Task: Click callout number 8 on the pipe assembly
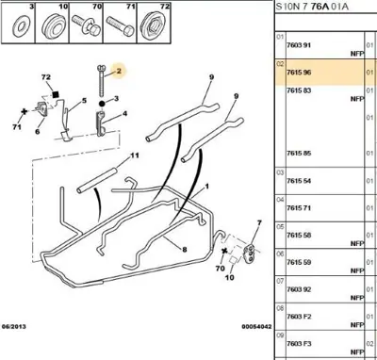(x=185, y=251)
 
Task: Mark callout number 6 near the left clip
(x=38, y=132)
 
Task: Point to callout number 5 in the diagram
(x=84, y=101)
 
